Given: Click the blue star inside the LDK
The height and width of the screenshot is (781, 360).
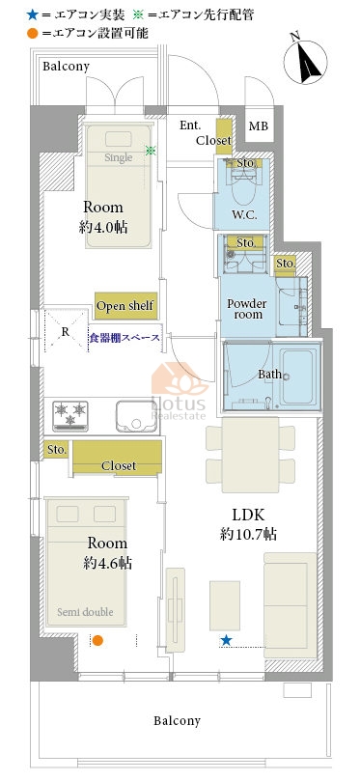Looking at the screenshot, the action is [227, 640].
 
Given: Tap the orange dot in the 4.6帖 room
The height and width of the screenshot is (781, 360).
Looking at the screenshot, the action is [97, 641].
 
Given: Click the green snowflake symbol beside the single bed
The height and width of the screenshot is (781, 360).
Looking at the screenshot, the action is [151, 150].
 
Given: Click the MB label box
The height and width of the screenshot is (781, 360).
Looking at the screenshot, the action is [259, 126].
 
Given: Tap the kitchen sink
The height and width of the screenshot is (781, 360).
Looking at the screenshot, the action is [136, 416].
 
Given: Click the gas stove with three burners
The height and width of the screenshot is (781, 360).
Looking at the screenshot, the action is [70, 416].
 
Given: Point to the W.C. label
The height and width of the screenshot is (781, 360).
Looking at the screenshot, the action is [244, 215].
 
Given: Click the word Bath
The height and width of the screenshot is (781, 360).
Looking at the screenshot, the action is [269, 374].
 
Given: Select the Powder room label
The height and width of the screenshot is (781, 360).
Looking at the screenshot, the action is [247, 309].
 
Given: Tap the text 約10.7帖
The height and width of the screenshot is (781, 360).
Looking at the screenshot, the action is [248, 535].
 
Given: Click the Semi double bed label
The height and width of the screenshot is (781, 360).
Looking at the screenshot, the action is [85, 612].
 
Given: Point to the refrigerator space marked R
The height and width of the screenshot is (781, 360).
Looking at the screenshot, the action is [67, 332].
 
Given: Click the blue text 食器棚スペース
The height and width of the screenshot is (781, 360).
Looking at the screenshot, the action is [125, 338].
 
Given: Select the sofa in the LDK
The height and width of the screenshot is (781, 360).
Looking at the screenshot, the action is [290, 605].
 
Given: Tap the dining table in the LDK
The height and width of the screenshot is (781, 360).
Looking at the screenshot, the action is [251, 455].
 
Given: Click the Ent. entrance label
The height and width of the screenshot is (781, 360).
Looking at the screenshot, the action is [190, 126].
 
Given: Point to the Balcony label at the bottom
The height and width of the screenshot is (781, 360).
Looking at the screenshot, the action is [177, 720].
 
